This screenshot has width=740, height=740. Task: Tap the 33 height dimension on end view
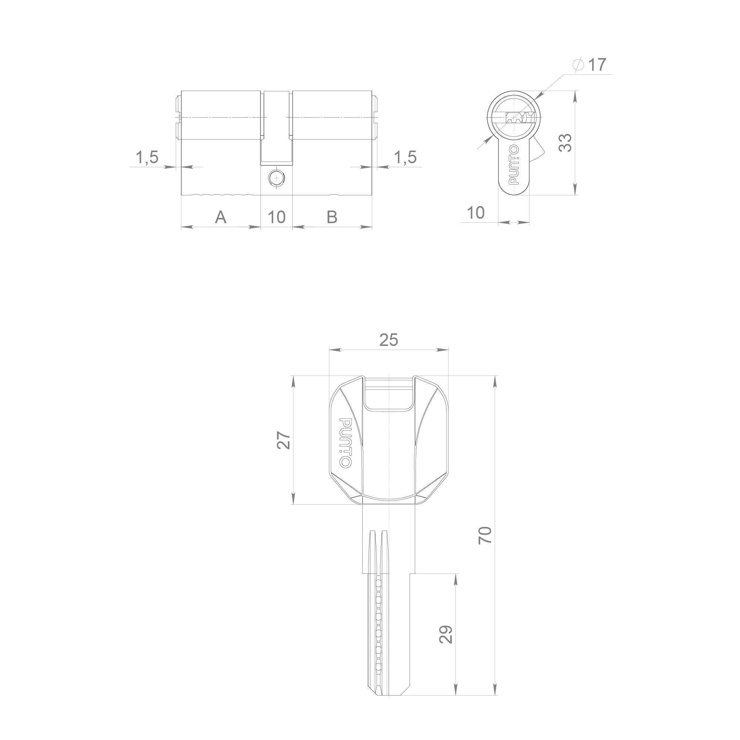pyautogui.click(x=565, y=143)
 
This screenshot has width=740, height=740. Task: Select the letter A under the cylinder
pyautogui.click(x=221, y=217)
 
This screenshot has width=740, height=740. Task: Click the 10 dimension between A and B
pyautogui.click(x=276, y=217)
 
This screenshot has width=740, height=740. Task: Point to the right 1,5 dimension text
pyautogui.click(x=405, y=157)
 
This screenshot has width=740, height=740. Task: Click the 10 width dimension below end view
pyautogui.click(x=476, y=213)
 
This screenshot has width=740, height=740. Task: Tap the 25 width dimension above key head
pyautogui.click(x=388, y=340)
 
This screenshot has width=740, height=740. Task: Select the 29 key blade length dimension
pyautogui.click(x=446, y=634)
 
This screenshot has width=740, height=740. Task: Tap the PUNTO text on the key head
pyautogui.click(x=346, y=443)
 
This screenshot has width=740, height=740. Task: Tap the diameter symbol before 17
pyautogui.click(x=578, y=65)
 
